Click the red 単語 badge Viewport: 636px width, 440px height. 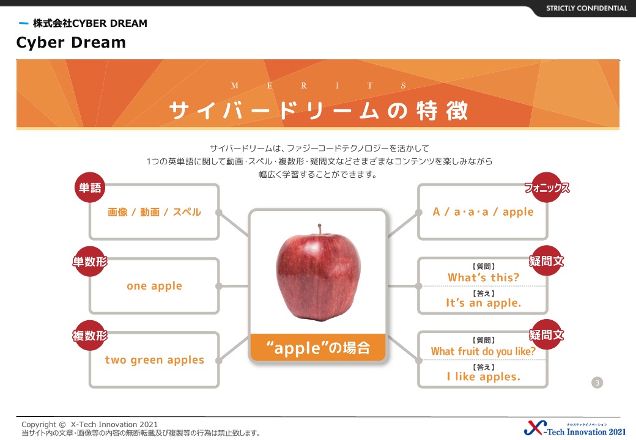tap(90, 187)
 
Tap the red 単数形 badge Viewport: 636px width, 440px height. tap(90, 262)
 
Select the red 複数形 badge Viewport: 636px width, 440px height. tap(90, 335)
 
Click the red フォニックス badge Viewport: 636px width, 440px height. tap(547, 187)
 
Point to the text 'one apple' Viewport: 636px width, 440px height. tap(154, 286)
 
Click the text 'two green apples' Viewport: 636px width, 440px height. tap(154, 360)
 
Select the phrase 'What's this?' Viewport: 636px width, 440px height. tap(483, 277)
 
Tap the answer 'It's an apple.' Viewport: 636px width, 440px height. tap(483, 302)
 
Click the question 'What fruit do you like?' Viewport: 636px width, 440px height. tap(483, 351)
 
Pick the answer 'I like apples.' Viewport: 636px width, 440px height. tap(483, 377)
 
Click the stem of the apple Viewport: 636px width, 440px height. tap(320, 229)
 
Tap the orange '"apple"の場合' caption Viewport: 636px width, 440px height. tap(317, 348)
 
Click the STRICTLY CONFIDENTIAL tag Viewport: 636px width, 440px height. tap(586, 8)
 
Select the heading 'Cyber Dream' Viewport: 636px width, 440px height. tap(71, 43)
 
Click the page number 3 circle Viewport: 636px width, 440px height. tap(597, 383)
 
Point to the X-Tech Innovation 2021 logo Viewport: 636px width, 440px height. tap(574, 428)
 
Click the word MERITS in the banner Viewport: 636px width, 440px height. tap(319, 86)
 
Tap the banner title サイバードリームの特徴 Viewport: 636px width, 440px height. tap(319, 111)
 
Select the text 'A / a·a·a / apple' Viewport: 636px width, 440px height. tap(483, 212)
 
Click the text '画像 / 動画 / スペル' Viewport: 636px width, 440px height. tap(154, 212)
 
